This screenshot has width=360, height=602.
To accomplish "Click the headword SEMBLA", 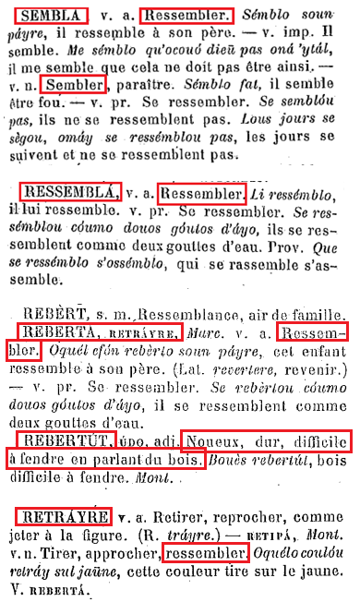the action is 52,17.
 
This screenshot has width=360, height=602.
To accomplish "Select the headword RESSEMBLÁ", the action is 70,193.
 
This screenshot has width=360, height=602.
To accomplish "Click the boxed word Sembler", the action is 78,87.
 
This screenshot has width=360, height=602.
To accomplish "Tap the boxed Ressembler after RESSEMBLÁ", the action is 202,195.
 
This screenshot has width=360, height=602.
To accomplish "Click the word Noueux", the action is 211,441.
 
